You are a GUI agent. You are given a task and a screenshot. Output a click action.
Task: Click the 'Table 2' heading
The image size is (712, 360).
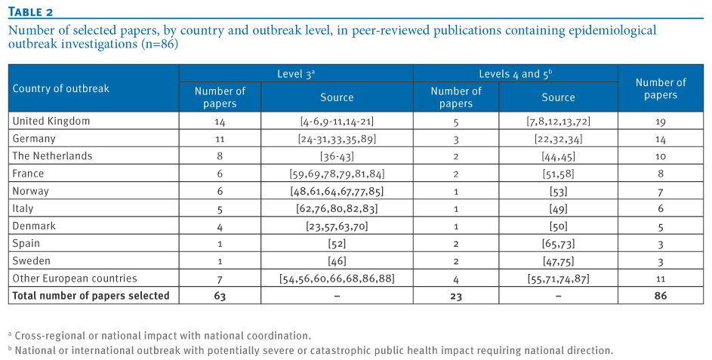(30, 11)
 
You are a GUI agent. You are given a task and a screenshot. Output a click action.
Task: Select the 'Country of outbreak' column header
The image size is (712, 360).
(61, 88)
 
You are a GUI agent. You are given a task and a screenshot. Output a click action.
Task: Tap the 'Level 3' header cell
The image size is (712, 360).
(296, 74)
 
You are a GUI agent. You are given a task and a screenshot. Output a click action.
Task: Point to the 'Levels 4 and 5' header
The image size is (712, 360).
(516, 74)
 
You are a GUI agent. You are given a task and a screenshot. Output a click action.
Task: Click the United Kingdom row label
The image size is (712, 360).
(51, 122)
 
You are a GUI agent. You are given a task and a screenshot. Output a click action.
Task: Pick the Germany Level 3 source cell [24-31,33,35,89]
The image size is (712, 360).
(337, 139)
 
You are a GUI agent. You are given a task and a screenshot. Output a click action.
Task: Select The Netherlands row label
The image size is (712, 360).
(52, 156)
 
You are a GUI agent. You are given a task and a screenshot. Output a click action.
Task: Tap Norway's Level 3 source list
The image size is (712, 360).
(337, 192)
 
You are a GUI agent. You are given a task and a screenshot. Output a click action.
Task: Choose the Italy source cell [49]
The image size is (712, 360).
(559, 209)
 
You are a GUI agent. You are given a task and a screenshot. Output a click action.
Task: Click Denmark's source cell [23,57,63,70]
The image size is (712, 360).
(337, 226)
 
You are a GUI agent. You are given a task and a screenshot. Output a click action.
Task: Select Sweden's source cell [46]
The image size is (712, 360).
(337, 261)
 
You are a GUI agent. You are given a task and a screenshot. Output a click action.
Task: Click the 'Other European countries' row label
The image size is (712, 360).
(75, 278)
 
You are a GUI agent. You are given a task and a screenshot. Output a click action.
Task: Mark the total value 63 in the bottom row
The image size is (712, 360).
(220, 296)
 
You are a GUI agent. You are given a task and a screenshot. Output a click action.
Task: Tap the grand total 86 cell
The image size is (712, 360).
(661, 296)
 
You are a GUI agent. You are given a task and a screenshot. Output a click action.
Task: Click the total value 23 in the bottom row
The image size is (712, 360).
(456, 297)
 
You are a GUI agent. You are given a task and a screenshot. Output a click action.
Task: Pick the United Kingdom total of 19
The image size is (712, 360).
(661, 122)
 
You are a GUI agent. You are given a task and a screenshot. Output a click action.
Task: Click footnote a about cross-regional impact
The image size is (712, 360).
(159, 336)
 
